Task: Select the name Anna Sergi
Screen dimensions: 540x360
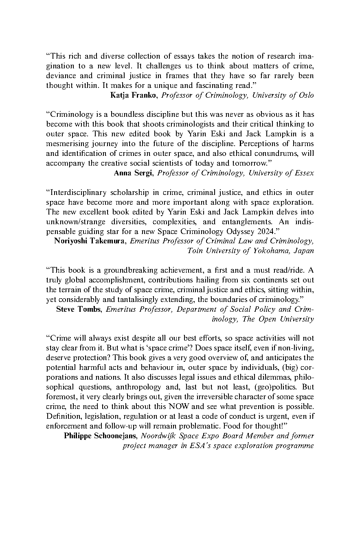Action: click(x=133, y=173)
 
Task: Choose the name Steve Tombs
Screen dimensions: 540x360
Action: click(x=79, y=309)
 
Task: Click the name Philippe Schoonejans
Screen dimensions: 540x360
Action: click(x=100, y=436)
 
